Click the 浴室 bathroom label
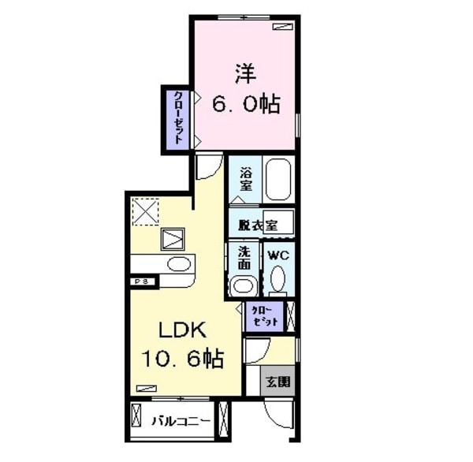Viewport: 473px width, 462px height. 245,180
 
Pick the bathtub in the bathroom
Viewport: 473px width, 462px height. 279,179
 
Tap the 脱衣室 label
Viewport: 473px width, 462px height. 258,225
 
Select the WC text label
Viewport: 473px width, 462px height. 277,255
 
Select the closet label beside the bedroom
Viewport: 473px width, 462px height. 178,117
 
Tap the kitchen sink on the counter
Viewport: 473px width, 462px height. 177,264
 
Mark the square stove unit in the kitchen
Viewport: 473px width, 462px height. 173,238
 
